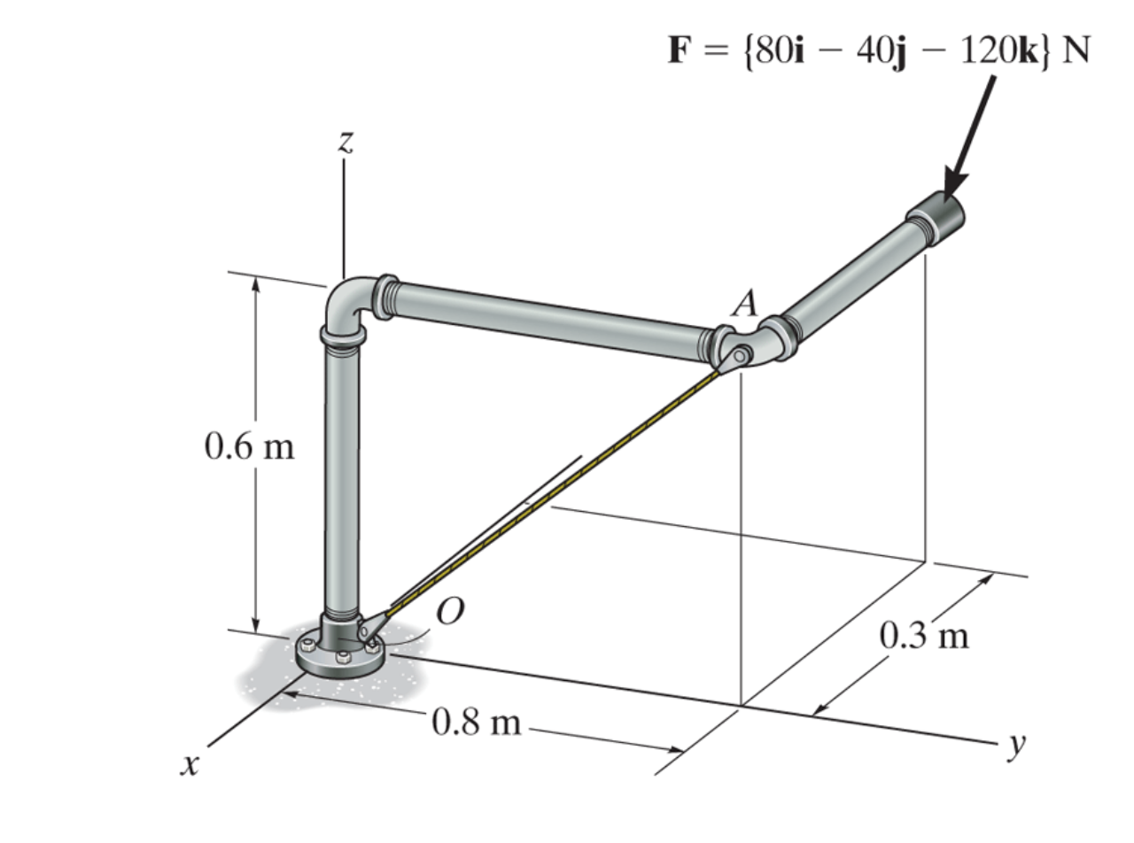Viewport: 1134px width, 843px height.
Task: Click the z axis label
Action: [x=346, y=142]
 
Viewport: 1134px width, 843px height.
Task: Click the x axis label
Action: [x=190, y=765]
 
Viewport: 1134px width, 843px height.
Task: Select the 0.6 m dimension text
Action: [x=250, y=446]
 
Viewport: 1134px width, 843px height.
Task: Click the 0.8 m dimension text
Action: [x=476, y=723]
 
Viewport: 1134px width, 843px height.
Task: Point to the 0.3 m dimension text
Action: [x=924, y=636]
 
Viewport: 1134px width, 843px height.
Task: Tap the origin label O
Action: [x=450, y=610]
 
